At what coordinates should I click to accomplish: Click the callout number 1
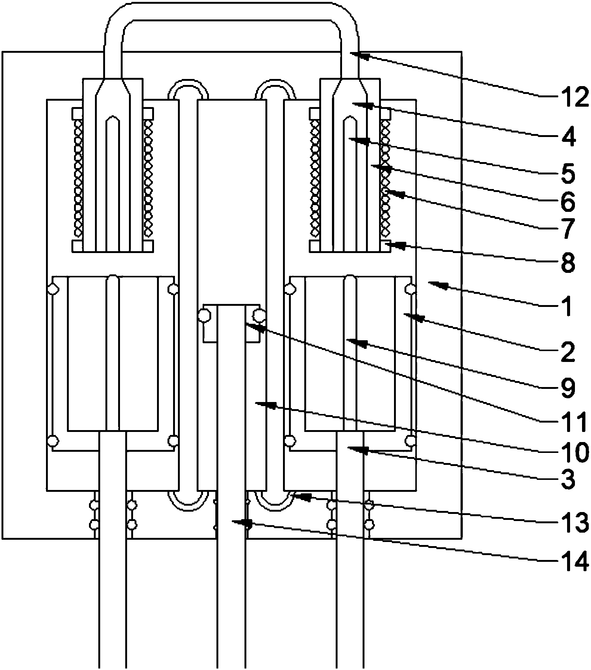567,306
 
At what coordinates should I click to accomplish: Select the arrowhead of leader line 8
399,245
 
